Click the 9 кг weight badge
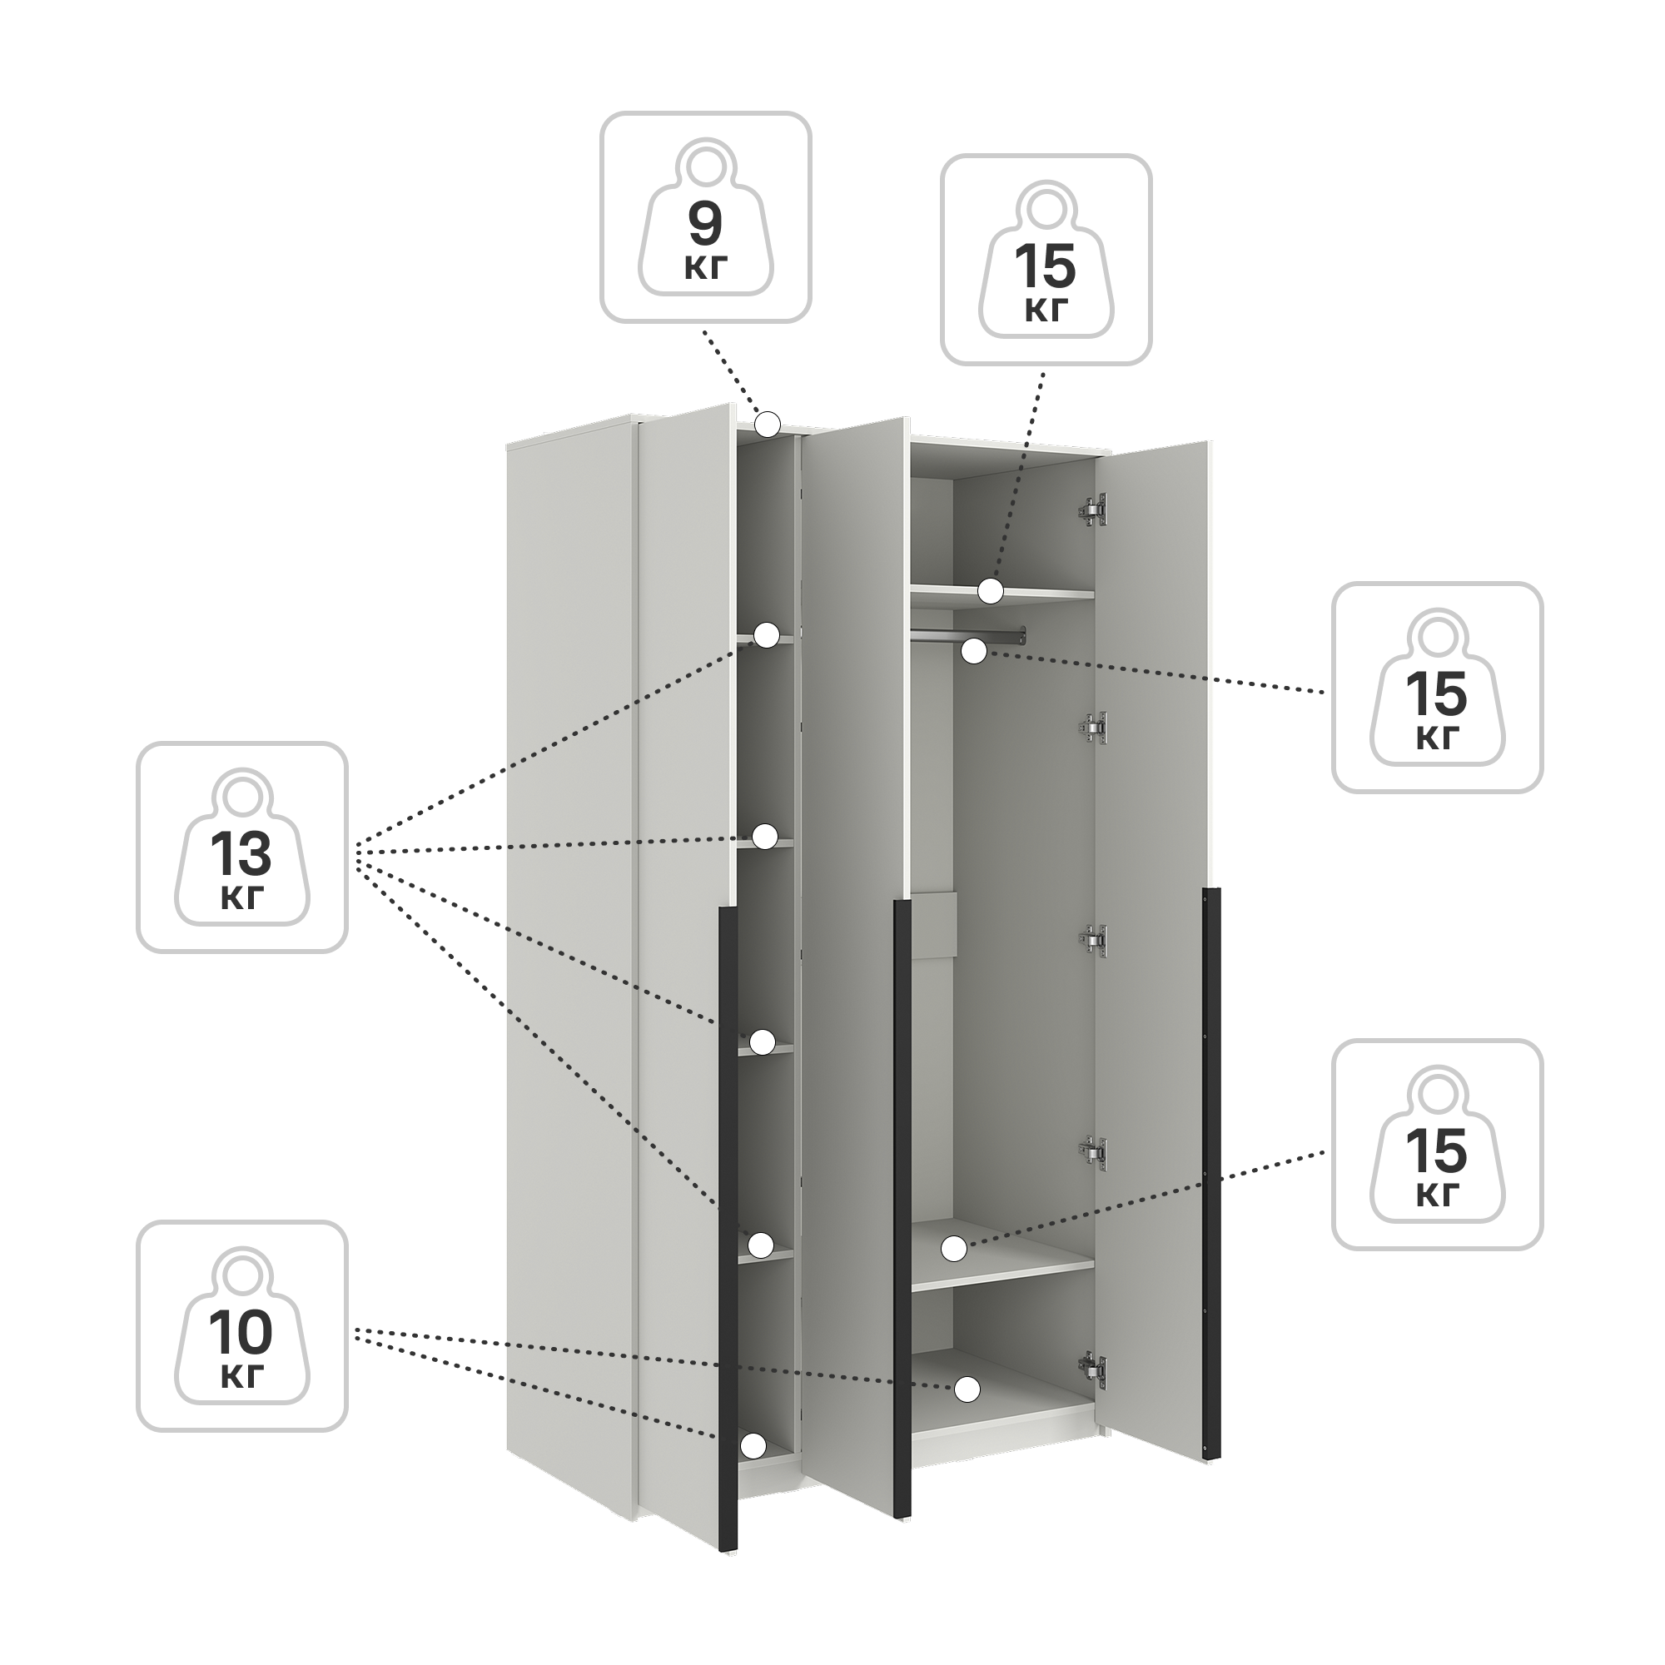coord(706,217)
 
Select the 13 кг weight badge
coord(242,848)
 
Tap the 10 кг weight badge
coord(242,1326)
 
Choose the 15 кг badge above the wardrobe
coord(1046,261)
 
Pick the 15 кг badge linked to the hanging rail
coord(1438,688)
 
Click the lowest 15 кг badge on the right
coord(1438,1145)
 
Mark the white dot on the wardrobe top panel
coord(768,424)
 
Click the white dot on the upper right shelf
coord(991,591)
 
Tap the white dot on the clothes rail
coord(974,652)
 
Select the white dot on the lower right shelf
coord(953,1248)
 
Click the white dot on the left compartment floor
coord(753,1445)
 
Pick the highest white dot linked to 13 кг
coord(767,635)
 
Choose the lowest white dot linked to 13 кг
coord(760,1245)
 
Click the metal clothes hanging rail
coord(968,635)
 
